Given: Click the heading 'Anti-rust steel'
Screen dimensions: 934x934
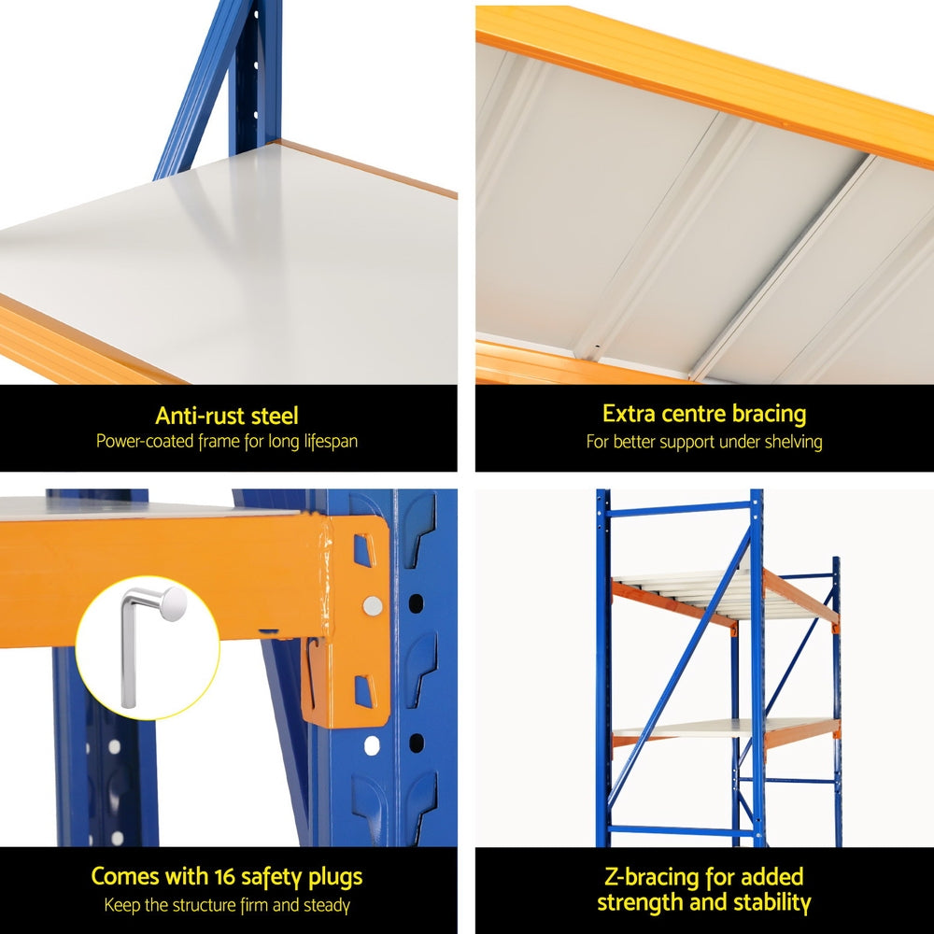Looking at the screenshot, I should point(227,416).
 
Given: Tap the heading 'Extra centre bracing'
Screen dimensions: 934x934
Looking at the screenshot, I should point(704,414).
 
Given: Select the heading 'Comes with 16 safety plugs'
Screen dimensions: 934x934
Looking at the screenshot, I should point(227,877).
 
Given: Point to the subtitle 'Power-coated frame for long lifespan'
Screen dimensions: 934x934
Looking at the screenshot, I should point(227,441).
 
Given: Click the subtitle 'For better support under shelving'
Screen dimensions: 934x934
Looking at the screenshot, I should point(704,441).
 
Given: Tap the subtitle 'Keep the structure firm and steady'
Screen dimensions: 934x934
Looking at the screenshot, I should point(227,904).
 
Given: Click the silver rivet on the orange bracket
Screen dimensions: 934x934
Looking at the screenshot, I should point(372,606).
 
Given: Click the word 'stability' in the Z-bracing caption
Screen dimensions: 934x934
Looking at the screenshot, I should point(767,902).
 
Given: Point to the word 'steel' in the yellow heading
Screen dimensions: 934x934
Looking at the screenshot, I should point(271,416).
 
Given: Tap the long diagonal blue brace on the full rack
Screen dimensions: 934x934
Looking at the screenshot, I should point(682,654).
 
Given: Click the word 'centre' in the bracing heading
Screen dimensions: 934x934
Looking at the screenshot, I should point(689,414).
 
